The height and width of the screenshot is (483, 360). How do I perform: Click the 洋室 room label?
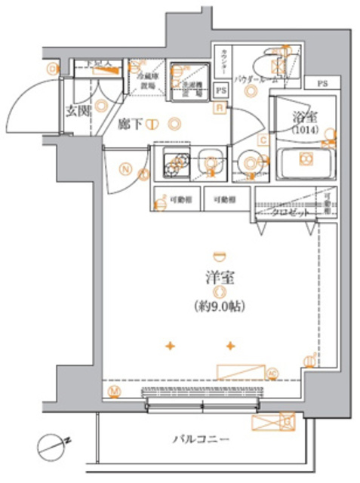[220, 277]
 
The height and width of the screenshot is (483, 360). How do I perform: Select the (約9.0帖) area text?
[220, 307]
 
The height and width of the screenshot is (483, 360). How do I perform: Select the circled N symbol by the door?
[124, 169]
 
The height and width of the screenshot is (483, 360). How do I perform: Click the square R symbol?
[218, 109]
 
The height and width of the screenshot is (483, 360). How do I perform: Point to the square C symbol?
[262, 140]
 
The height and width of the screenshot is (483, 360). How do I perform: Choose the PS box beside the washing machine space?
[221, 88]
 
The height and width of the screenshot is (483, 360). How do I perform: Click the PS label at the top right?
[322, 82]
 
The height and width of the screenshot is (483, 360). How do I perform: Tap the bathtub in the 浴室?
[305, 159]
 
